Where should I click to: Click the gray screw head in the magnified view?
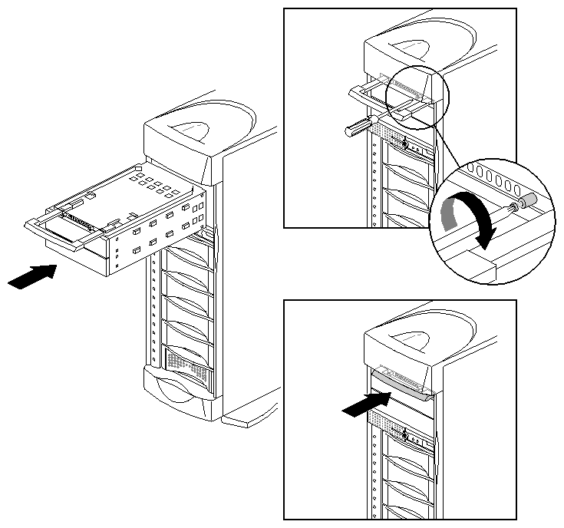526,200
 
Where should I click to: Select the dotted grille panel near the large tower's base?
187,358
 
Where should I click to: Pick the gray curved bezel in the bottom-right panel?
402,381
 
